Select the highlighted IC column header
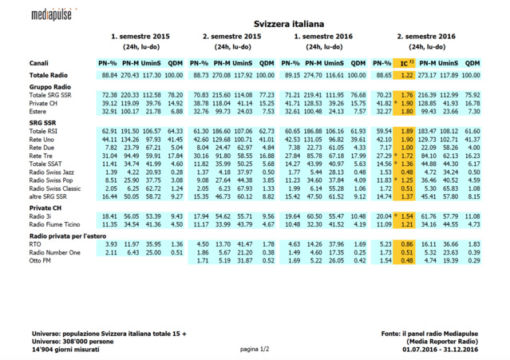tap(406, 62)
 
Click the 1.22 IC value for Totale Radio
tap(407, 74)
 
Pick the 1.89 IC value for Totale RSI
tap(407, 129)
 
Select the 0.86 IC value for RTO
tap(407, 243)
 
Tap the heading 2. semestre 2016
tap(426, 37)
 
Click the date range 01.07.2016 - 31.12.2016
tap(440, 348)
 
